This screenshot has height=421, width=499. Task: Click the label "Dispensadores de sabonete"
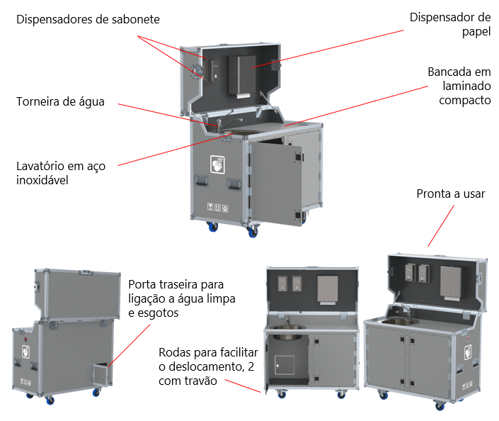pyautogui.click(x=88, y=20)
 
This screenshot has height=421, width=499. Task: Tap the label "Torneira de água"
pyautogui.click(x=60, y=102)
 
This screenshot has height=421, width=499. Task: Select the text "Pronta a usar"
pyautogui.click(x=451, y=193)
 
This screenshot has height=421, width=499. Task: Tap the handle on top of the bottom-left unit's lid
pyautogui.click(x=86, y=270)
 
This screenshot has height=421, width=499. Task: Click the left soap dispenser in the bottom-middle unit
pyautogui.click(x=282, y=283)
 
